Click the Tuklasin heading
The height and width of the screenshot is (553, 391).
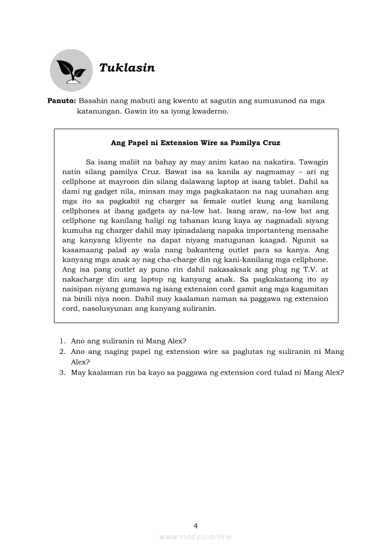pos(127,68)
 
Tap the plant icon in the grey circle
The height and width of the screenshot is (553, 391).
pos(71,70)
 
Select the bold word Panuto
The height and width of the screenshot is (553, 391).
pos(62,101)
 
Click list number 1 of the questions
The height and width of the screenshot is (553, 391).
pos(62,341)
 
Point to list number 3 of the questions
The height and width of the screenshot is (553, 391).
pos(62,372)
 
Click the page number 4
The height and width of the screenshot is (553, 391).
pos(195,525)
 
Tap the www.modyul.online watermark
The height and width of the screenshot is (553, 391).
pos(195,536)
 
